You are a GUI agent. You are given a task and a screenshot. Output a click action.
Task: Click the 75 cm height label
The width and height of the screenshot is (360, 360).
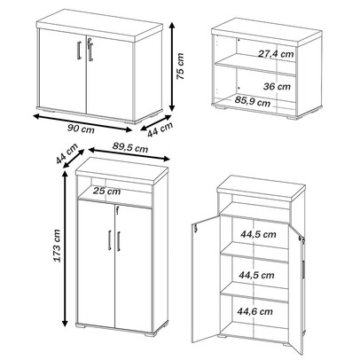tap(180, 67)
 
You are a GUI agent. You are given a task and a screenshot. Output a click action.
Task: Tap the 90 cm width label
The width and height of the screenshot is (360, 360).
tap(81, 129)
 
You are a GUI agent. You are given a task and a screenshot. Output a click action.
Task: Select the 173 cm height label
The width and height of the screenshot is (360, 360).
tap(57, 246)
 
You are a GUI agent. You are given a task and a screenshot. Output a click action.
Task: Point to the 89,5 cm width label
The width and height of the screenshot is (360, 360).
tap(130, 147)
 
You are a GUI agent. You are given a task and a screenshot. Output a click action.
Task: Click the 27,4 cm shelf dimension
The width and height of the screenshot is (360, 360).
tap(276, 54)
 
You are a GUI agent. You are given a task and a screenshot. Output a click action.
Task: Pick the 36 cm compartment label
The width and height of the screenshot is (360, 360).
tap(277, 86)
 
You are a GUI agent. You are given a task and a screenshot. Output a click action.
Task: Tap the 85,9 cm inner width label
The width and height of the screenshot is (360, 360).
tap(253, 102)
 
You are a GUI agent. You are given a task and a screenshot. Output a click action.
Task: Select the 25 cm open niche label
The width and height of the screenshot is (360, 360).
tap(106, 191)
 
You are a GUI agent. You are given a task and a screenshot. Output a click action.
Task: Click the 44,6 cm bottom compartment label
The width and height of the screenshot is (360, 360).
tap(254, 311)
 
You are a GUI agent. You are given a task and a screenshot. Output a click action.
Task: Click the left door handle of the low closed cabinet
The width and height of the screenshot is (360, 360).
tap(79, 51)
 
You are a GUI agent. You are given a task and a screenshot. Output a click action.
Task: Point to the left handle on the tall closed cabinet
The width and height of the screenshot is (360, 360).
tap(109, 240)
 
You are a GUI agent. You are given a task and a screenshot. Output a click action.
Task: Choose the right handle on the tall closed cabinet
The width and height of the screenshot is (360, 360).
tap(119, 241)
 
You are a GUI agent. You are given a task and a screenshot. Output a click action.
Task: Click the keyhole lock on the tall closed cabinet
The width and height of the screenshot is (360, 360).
tap(117, 210)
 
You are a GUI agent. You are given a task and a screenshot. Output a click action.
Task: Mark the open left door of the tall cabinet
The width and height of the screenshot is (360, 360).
tap(206, 279)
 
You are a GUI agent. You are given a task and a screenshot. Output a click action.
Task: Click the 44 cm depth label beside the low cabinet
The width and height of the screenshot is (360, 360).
tap(160, 129)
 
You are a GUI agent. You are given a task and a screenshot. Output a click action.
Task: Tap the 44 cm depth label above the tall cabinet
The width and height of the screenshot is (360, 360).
tap(67, 153)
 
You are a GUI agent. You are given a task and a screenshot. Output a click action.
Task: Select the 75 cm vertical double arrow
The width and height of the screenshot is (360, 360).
tap(172, 67)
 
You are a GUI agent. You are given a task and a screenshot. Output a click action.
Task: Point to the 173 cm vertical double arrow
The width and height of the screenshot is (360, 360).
tap(65, 249)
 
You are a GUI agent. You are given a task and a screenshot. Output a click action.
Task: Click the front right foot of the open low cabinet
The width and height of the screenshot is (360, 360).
tap(293, 117)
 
